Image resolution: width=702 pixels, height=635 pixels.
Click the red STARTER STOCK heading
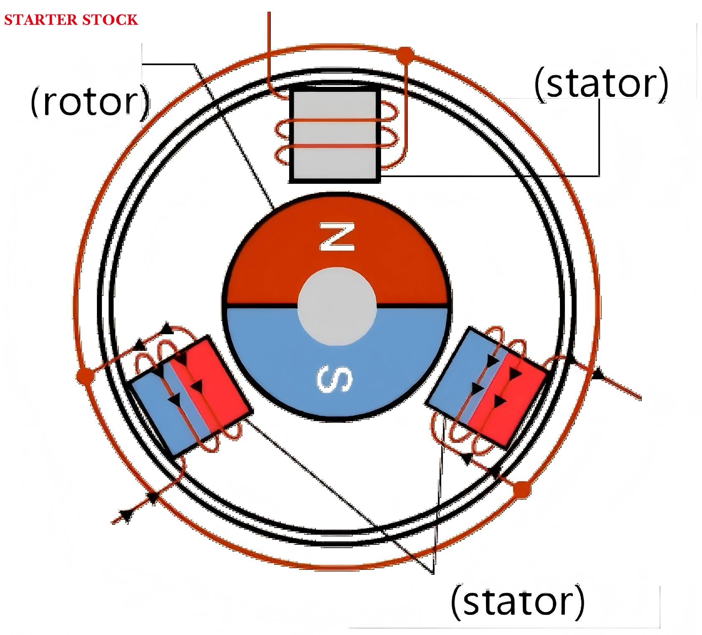[71, 20]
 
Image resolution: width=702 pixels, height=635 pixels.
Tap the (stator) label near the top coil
[601, 83]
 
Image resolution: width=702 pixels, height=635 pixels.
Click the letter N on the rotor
[337, 237]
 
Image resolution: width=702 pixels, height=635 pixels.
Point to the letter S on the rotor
[335, 379]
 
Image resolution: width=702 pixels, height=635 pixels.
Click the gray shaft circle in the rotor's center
[337, 307]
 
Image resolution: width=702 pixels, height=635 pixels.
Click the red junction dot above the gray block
[404, 54]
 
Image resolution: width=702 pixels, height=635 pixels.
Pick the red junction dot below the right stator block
[521, 488]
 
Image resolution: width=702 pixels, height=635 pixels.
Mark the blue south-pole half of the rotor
[284, 355]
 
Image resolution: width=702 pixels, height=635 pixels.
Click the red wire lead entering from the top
[269, 42]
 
